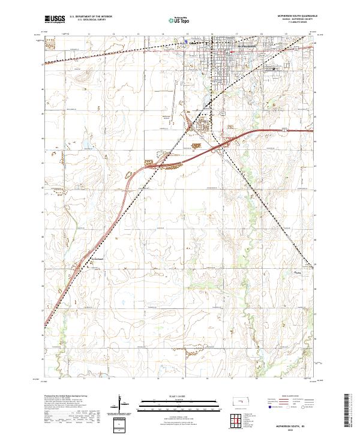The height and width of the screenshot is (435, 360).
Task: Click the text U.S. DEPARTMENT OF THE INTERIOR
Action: tap(91, 17)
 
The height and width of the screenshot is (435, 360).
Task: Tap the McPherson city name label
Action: tap(247, 46)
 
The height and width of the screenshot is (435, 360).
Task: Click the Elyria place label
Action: tap(296, 272)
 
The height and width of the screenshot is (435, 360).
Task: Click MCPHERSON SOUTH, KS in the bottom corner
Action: tap(296, 422)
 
